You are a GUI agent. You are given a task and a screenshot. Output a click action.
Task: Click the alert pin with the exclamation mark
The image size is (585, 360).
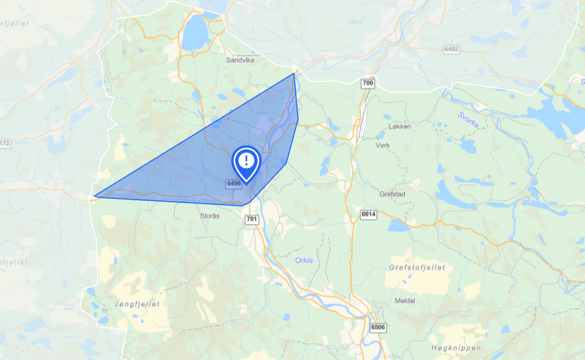246,163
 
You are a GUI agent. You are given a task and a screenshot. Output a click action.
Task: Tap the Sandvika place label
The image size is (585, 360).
241,60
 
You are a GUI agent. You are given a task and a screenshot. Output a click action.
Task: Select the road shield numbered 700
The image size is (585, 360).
368,84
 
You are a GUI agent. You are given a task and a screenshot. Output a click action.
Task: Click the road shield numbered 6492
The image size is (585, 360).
452,49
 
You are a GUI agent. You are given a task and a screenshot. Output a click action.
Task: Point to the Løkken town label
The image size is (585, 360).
401,127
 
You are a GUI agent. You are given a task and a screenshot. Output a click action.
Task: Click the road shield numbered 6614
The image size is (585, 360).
369,213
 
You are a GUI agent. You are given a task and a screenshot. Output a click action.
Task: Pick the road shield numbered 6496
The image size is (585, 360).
234,183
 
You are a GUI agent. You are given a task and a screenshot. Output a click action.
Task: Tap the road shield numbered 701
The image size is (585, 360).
252,220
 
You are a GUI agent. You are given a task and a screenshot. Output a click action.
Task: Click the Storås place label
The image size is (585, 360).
210,216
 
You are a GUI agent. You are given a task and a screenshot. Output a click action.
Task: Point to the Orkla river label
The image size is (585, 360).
304,261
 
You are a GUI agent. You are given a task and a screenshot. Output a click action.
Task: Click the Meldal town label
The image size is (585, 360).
405,301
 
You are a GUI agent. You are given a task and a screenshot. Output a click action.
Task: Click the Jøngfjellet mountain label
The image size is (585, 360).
137,304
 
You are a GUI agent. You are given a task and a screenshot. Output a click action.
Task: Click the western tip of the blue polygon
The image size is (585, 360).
95,197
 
